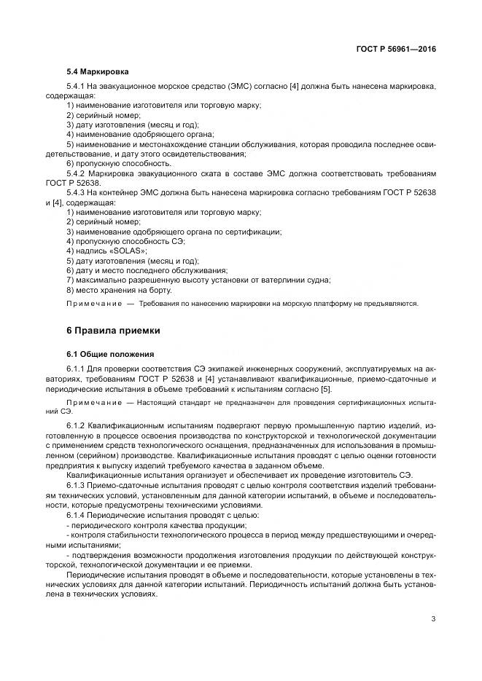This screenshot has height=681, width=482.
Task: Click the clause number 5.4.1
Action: click(x=76, y=87)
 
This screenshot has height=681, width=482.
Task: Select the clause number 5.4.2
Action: click(x=76, y=173)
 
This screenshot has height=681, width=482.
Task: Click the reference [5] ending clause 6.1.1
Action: click(x=327, y=389)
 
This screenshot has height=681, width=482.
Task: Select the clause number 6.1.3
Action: click(x=76, y=484)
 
